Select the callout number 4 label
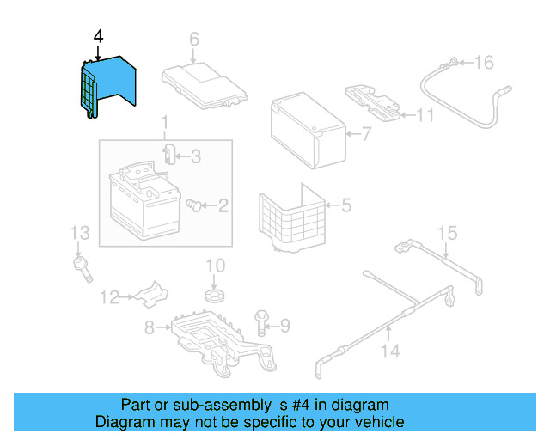[98, 36]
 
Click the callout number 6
[193, 39]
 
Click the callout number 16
[485, 62]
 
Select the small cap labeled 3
[170, 155]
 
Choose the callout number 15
[447, 233]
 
